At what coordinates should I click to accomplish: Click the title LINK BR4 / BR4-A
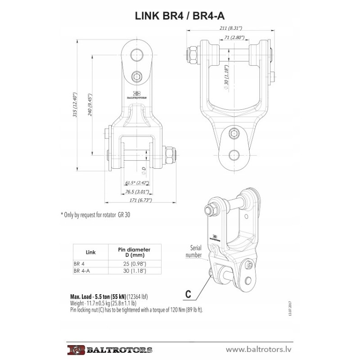click(180, 16)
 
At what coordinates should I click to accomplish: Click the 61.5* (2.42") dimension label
click(137, 183)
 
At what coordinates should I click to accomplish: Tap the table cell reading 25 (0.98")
click(134, 263)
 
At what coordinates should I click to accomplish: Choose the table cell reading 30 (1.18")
click(134, 271)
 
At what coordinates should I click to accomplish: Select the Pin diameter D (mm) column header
click(134, 252)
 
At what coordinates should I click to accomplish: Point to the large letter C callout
click(189, 295)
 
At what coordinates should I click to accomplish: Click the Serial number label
click(193, 251)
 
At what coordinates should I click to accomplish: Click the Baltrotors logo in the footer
click(111, 349)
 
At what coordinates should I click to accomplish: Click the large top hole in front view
click(137, 55)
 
